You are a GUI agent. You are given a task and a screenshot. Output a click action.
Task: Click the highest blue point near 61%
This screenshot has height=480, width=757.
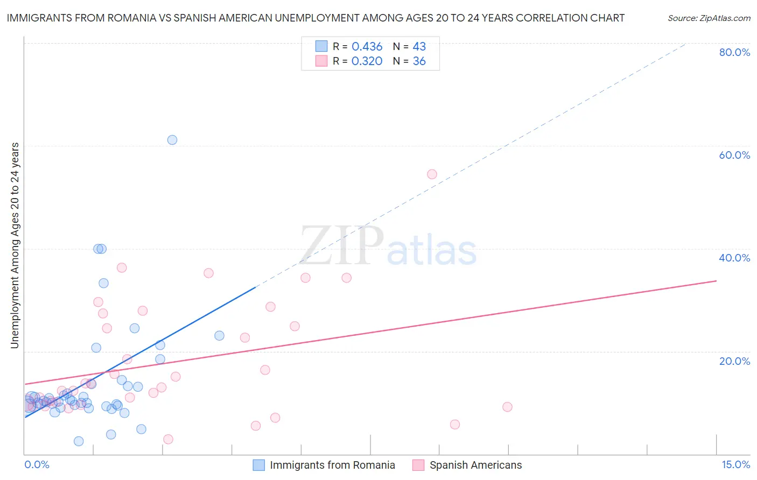point(172,140)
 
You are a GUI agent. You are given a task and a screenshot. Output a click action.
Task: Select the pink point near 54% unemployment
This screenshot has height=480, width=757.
point(432,174)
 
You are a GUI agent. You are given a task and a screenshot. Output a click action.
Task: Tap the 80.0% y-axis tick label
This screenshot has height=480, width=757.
point(734,52)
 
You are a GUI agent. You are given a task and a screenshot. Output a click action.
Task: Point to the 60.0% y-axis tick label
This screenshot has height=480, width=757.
point(734,155)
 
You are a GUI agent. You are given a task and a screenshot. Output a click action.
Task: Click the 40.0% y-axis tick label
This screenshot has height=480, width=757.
point(734,258)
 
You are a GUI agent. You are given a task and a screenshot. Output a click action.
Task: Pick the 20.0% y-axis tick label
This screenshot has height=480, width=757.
point(734,361)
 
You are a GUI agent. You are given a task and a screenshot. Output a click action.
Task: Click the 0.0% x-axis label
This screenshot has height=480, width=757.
point(37,465)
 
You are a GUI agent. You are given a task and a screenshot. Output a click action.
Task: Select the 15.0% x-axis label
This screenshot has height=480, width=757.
point(735,465)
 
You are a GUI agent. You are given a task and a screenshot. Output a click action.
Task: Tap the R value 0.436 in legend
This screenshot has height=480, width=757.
point(367,47)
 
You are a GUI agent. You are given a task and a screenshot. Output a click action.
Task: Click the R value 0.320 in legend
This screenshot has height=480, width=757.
point(367,61)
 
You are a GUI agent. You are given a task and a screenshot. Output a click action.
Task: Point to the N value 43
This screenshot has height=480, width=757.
point(419,47)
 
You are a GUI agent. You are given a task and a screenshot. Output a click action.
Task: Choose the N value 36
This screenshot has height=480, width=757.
point(419,61)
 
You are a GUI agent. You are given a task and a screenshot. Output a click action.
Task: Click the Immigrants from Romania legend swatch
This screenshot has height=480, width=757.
point(259,465)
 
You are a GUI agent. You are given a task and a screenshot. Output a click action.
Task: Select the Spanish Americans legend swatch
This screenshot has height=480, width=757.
point(418,465)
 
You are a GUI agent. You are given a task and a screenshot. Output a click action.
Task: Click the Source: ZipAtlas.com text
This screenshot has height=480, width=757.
point(709,18)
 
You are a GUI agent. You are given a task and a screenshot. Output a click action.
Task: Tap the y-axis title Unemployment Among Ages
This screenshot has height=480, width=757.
point(15,245)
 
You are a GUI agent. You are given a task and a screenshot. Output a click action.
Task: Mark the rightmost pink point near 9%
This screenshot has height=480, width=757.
point(507,407)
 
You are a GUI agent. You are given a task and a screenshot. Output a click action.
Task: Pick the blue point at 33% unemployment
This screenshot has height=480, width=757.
point(103,283)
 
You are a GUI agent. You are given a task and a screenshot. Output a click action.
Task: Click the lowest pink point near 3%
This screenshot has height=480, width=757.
point(168,439)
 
